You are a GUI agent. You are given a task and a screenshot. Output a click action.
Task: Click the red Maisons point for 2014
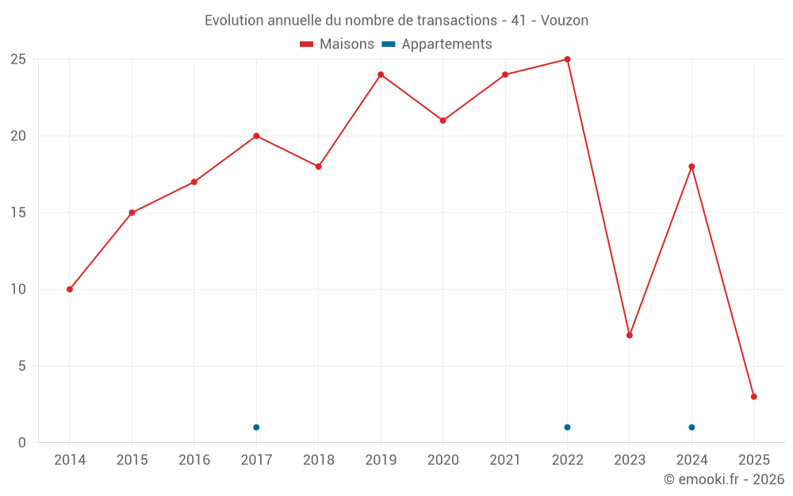[x=70, y=289]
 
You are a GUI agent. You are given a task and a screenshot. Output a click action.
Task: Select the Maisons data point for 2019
[x=381, y=75]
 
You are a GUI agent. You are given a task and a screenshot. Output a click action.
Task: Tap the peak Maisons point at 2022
[x=567, y=60]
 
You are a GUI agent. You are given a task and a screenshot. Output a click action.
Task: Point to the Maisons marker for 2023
[x=630, y=335]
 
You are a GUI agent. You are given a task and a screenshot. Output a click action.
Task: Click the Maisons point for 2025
[x=753, y=397]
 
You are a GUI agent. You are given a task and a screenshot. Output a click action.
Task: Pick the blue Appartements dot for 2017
[x=256, y=427]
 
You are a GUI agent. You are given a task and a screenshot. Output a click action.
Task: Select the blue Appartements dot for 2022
[x=567, y=427]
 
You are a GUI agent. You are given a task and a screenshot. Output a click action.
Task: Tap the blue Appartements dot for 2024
[x=691, y=427]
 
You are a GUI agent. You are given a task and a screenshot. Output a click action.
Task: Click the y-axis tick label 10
[x=17, y=289]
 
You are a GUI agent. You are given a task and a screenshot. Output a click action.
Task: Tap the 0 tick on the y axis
[x=22, y=443]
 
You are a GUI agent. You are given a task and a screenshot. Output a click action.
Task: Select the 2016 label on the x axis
[x=194, y=460]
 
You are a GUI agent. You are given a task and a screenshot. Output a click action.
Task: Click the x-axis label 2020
[x=442, y=460]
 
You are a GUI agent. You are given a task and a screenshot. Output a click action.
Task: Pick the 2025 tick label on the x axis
[x=753, y=460]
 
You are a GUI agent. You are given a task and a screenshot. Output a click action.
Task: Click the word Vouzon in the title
[x=565, y=21]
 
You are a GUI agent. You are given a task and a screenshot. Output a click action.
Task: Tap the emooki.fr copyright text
[x=724, y=479]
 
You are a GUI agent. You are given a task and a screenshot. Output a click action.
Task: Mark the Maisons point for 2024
[x=691, y=167]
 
